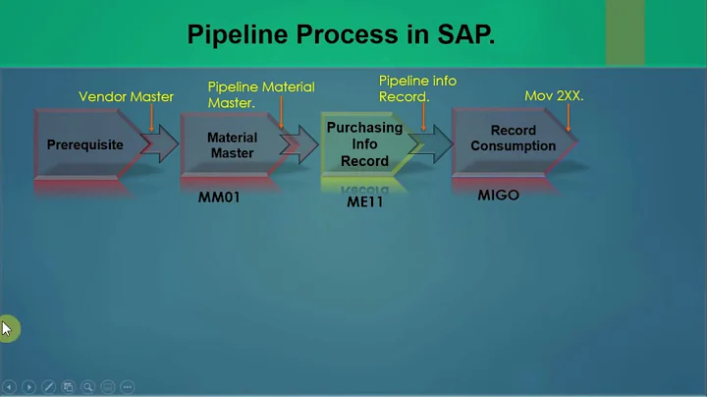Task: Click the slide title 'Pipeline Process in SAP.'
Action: click(x=341, y=36)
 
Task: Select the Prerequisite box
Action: click(x=85, y=145)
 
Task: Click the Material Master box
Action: click(x=232, y=145)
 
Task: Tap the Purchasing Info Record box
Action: click(x=364, y=144)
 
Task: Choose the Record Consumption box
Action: click(x=513, y=139)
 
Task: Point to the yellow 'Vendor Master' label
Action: click(x=126, y=96)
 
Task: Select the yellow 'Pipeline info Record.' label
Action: click(x=417, y=88)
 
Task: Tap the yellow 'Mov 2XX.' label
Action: click(x=555, y=96)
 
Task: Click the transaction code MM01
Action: click(x=219, y=197)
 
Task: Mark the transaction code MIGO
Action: click(x=498, y=195)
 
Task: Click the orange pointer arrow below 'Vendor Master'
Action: click(x=151, y=118)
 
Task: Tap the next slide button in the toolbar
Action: click(x=28, y=387)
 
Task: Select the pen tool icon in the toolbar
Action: click(x=48, y=387)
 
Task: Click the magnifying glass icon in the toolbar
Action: click(x=88, y=387)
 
